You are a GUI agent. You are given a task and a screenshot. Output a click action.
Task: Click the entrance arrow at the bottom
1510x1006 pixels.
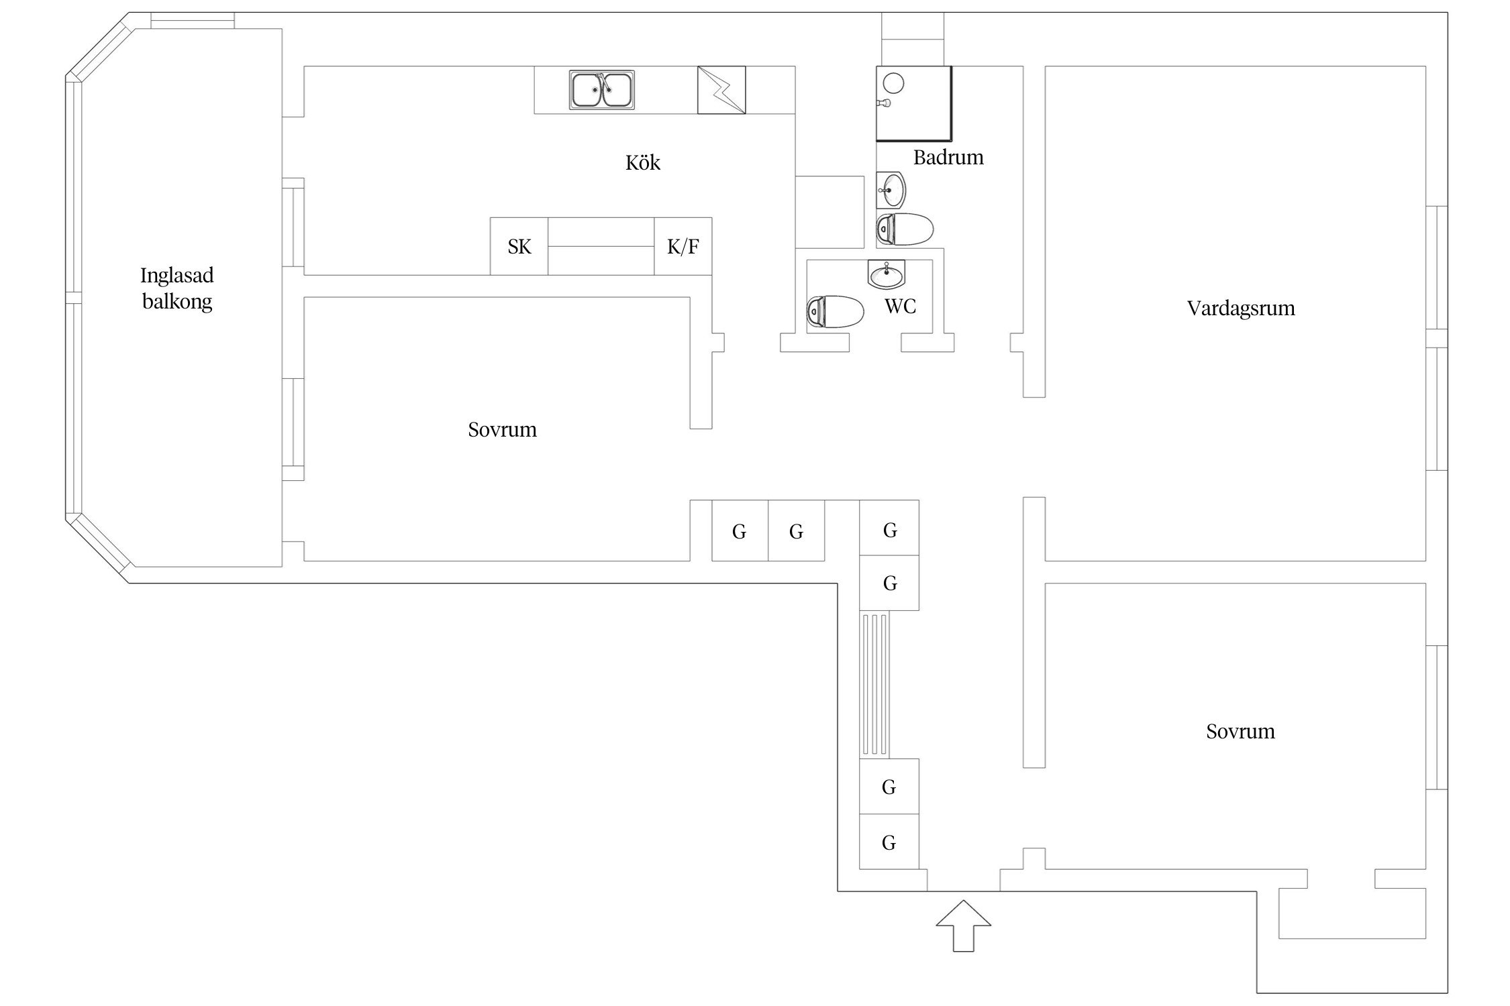click(x=963, y=926)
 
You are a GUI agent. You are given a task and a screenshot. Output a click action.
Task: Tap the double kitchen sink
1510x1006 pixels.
click(x=602, y=90)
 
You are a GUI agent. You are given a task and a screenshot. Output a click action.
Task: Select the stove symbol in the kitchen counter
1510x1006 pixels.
click(x=721, y=90)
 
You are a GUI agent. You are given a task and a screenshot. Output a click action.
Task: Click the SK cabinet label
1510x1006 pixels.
click(x=519, y=247)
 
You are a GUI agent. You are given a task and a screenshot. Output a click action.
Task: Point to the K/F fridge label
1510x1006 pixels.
click(x=683, y=247)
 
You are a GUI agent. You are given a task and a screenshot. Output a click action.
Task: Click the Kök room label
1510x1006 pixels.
click(x=643, y=162)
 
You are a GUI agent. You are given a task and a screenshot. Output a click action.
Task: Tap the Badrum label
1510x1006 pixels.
click(x=948, y=157)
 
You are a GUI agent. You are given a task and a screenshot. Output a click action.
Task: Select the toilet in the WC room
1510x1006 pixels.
click(x=835, y=312)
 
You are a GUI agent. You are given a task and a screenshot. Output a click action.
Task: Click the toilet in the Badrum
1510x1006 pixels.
click(x=905, y=229)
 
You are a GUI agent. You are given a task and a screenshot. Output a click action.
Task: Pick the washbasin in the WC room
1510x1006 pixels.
click(x=887, y=274)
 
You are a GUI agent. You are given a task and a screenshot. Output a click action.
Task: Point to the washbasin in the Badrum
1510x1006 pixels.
click(x=891, y=190)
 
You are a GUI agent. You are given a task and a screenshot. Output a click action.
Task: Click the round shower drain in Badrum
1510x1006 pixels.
click(x=893, y=83)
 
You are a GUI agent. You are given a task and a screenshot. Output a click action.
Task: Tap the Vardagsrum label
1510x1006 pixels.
click(x=1241, y=309)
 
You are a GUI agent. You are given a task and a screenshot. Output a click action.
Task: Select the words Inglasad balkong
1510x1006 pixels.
click(x=177, y=288)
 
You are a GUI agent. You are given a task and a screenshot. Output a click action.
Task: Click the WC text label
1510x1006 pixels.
click(x=900, y=306)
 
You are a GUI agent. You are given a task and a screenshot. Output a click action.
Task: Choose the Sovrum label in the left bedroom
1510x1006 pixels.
click(x=502, y=429)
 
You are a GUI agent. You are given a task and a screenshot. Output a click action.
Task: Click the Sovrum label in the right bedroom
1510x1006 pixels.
click(x=1240, y=731)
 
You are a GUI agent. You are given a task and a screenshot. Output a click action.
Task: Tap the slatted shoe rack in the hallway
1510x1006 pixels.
click(x=875, y=685)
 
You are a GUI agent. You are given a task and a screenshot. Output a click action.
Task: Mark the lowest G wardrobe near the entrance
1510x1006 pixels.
click(x=889, y=842)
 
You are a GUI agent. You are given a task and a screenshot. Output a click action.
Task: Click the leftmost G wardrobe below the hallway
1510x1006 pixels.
click(x=740, y=530)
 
